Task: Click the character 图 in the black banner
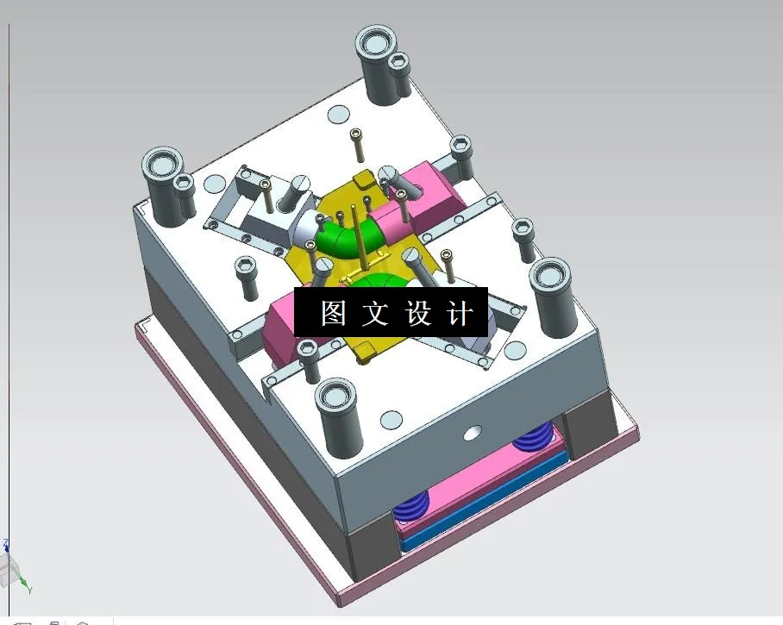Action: tap(334, 313)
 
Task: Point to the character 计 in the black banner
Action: tap(460, 313)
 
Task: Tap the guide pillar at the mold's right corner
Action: tap(551, 293)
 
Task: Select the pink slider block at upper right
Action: tap(425, 194)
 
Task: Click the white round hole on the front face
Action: tap(471, 432)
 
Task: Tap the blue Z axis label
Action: tap(6, 544)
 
